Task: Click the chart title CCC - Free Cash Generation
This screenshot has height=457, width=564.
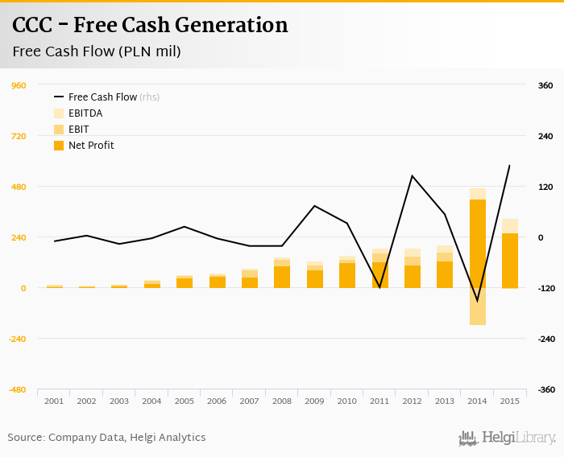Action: [150, 26]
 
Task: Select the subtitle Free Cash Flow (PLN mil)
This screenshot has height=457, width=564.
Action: [96, 51]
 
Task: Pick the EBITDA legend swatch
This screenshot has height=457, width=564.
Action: [59, 113]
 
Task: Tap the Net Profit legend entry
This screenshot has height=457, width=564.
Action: [90, 146]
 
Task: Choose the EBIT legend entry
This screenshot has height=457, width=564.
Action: [78, 130]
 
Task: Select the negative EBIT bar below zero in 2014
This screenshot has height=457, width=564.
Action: [478, 307]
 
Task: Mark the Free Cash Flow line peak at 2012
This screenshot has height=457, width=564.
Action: [413, 175]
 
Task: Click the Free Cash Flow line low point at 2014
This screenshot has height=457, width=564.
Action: [478, 302]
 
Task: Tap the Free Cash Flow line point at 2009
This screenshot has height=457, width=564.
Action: [315, 206]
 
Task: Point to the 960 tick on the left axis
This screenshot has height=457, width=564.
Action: [19, 85]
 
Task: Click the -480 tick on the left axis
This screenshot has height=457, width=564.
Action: [17, 389]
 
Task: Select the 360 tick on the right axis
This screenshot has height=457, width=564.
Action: [545, 85]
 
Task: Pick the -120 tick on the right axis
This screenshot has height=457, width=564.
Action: [545, 288]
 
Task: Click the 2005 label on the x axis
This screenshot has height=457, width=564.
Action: [185, 401]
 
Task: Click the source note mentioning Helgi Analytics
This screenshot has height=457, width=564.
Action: [106, 438]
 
